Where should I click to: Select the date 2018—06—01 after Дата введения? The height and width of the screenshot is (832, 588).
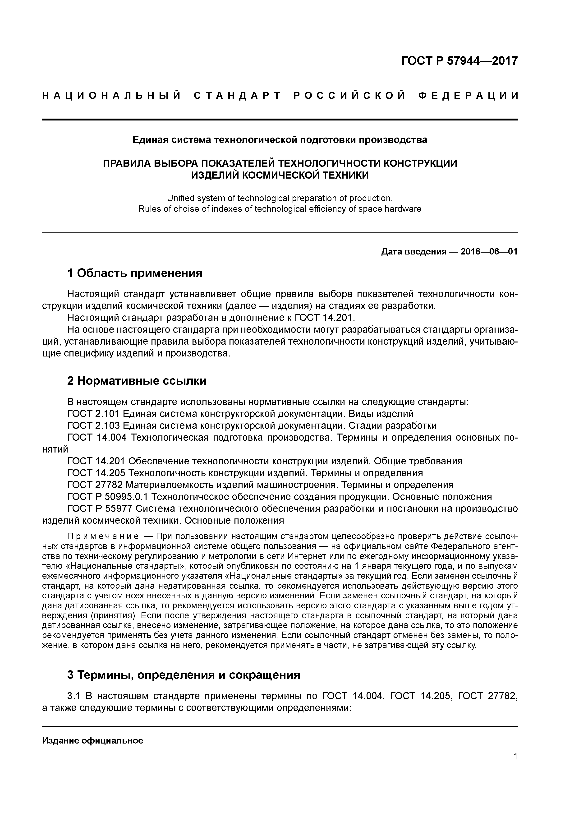[x=489, y=251]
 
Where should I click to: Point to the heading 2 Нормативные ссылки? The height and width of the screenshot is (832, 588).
[x=137, y=381]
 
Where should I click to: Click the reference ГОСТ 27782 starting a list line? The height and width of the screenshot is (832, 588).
[x=95, y=485]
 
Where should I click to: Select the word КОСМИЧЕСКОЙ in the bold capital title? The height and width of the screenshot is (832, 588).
[x=281, y=175]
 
